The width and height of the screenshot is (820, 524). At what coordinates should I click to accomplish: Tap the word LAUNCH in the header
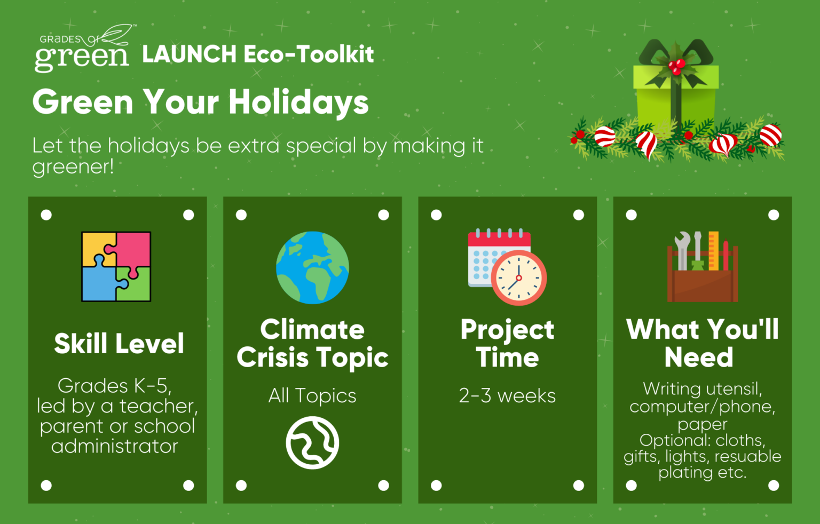pos(190,54)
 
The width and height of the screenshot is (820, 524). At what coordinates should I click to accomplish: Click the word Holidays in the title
pos(298,103)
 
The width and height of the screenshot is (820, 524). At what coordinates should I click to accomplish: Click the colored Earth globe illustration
pos(312,267)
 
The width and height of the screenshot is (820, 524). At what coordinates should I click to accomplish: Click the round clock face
pos(519,277)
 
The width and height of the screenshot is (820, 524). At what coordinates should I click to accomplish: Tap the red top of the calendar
pos(499,239)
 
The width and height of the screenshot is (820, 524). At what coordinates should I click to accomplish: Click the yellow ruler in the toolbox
pos(713,251)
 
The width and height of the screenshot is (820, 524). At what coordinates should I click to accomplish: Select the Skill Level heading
pos(119,344)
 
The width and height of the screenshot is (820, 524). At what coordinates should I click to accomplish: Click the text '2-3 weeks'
pos(507,395)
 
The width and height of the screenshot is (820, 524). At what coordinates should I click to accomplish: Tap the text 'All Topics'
pos(312,395)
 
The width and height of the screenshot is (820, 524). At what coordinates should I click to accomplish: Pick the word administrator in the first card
pos(115,446)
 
